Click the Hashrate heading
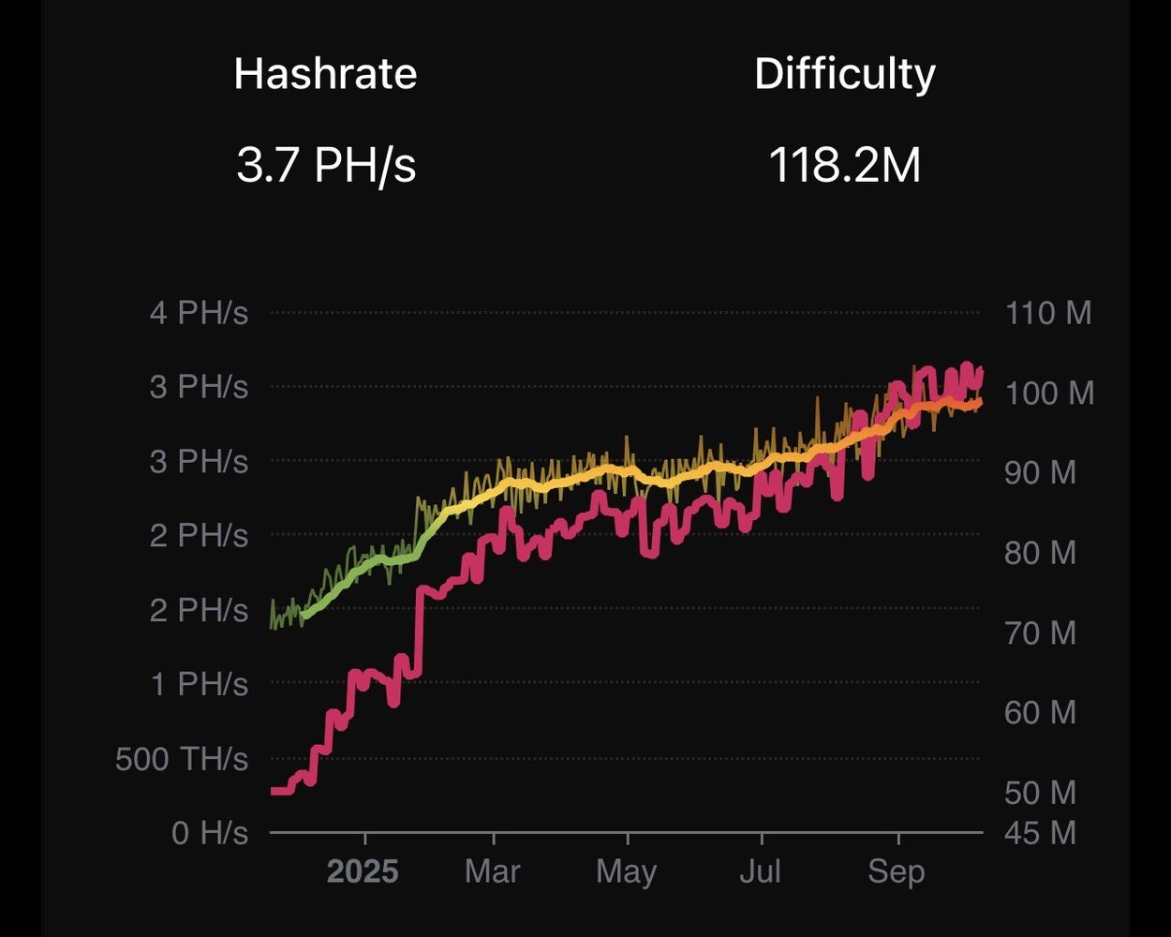(x=325, y=73)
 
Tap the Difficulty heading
(x=844, y=73)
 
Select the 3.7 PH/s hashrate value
(x=325, y=166)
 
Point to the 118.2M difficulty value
(x=844, y=166)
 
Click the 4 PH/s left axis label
(x=199, y=312)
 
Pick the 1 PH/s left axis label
(x=199, y=684)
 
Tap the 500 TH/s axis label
(x=182, y=758)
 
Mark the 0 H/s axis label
(x=210, y=832)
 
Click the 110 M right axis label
(x=1048, y=312)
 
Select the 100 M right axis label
(x=1048, y=392)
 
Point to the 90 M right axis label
(x=1041, y=472)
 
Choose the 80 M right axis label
(x=1041, y=552)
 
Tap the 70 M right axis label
(x=1041, y=632)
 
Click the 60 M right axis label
(x=1041, y=712)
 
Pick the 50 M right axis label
(x=1041, y=793)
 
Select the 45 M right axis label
(x=1041, y=832)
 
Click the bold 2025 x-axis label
(x=363, y=872)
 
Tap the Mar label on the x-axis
(x=492, y=872)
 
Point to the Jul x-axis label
(x=760, y=872)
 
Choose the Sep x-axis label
(x=897, y=872)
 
